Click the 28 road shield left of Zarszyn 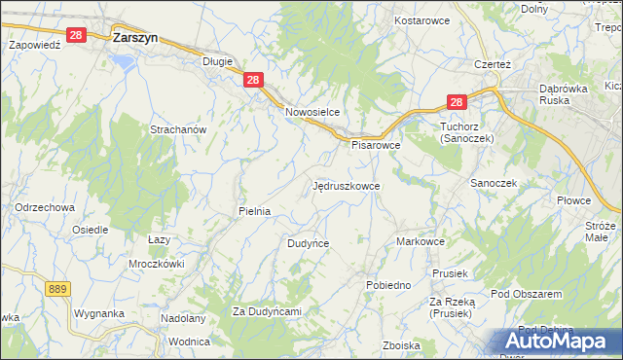(79, 34)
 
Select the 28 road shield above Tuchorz (458, 101)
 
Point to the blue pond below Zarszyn (123, 60)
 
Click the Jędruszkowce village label (347, 184)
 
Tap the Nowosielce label (311, 112)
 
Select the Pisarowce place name (376, 145)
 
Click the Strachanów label (178, 129)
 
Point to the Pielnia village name (254, 210)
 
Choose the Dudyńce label (308, 243)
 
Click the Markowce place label (421, 240)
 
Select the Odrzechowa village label (45, 207)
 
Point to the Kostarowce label (421, 20)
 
